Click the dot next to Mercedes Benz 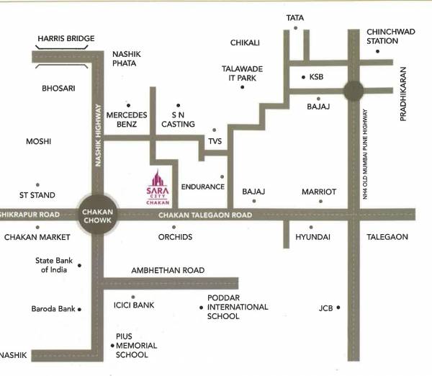128,104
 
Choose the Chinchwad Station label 392,36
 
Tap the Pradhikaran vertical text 403,94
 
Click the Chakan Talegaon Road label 205,215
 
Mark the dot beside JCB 336,309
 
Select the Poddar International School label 237,307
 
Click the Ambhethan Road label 167,271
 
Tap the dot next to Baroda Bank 79,309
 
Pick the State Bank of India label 53,265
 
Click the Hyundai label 313,237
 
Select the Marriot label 319,192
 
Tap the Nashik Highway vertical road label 100,136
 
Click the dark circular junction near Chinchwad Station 353,91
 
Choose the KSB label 316,76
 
